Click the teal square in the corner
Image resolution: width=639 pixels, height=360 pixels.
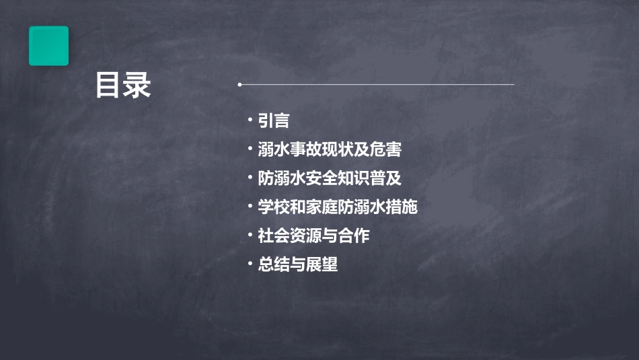[x=48, y=46]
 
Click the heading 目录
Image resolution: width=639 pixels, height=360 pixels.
[x=122, y=86]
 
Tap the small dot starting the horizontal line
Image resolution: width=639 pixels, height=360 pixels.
[x=239, y=85]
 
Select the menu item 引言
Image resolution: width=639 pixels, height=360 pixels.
[x=274, y=120]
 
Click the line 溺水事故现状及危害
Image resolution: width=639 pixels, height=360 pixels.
[x=330, y=149]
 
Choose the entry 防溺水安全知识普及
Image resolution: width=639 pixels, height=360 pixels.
[x=330, y=178]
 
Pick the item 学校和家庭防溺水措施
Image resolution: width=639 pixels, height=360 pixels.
[x=338, y=207]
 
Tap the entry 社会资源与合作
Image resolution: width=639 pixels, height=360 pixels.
[x=313, y=236]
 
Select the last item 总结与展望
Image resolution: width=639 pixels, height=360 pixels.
[x=297, y=264]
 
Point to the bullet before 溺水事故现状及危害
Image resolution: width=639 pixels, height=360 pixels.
[x=250, y=149]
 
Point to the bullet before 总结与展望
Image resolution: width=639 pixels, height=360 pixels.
[x=250, y=264]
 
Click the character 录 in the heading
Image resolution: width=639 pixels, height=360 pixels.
[x=137, y=86]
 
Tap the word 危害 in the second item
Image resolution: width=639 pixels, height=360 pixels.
[x=386, y=149]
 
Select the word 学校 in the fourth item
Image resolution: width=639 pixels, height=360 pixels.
[x=274, y=207]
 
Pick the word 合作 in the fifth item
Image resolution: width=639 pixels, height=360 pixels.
[x=354, y=236]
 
